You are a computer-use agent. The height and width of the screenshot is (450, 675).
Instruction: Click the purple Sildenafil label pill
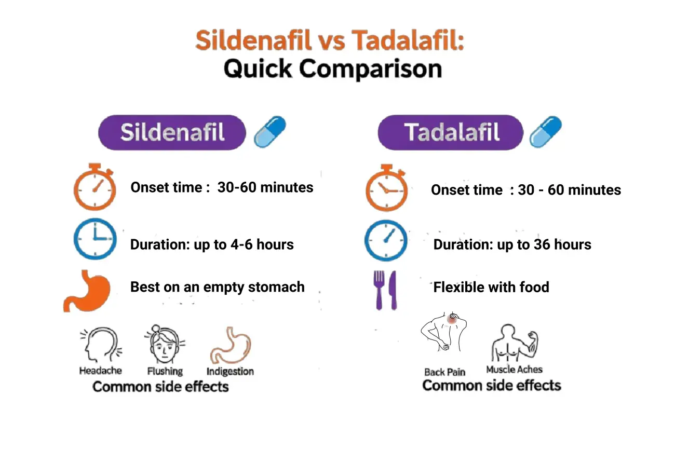pyautogui.click(x=172, y=133)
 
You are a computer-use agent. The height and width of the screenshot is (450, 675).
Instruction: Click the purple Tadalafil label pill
pyautogui.click(x=450, y=133)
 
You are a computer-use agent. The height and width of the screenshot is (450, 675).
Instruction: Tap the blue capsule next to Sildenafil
pyautogui.click(x=269, y=132)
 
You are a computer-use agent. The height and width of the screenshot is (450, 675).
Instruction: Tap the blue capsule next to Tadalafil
pyautogui.click(x=545, y=132)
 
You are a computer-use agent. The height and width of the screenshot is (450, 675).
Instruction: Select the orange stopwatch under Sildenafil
pyautogui.click(x=95, y=188)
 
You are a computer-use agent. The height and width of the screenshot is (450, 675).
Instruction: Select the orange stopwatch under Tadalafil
pyautogui.click(x=386, y=189)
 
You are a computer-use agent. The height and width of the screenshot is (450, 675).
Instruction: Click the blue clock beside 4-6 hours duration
pyautogui.click(x=95, y=239)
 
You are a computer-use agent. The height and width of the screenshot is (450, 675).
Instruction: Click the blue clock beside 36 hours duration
pyautogui.click(x=386, y=241)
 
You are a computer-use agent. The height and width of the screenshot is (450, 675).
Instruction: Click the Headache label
pyautogui.click(x=101, y=371)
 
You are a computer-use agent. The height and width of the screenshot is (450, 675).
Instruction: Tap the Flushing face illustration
pyautogui.click(x=164, y=344)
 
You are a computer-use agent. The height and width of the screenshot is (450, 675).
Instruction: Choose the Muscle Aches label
pyautogui.click(x=514, y=370)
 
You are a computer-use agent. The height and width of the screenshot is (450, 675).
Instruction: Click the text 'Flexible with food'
pyautogui.click(x=491, y=287)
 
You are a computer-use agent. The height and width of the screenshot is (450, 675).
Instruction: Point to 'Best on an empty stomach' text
pyautogui.click(x=217, y=287)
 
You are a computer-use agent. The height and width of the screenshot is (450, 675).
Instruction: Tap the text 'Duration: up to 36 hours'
pyautogui.click(x=512, y=244)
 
